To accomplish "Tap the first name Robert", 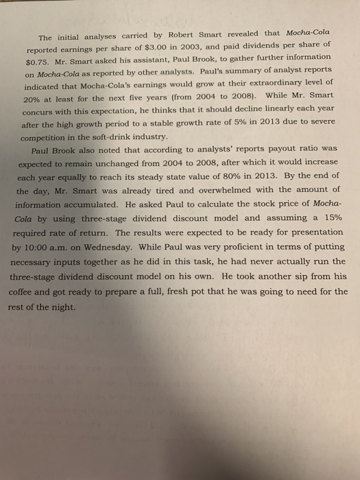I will [163, 36].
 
